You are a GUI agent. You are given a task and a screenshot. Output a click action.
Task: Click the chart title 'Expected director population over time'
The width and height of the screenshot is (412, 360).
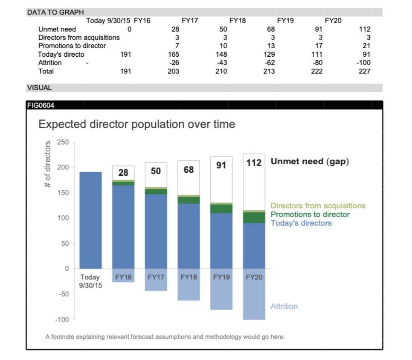(x=136, y=124)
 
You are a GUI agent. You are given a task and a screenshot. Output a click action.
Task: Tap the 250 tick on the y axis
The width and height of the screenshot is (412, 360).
(x=63, y=142)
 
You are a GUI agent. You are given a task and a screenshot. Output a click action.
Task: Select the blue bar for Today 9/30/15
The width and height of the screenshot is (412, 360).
(x=91, y=220)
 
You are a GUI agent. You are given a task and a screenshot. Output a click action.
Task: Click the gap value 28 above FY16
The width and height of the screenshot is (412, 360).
(x=123, y=173)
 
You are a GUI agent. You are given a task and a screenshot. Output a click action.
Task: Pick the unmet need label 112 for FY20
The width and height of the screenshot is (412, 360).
(x=254, y=163)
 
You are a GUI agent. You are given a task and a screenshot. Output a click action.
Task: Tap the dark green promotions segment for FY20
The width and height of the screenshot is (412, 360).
(x=254, y=218)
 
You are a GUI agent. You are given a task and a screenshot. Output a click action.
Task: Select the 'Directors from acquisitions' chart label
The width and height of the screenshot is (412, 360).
(x=318, y=206)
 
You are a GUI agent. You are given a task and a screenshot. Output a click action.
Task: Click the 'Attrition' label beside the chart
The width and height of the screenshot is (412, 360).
(x=284, y=306)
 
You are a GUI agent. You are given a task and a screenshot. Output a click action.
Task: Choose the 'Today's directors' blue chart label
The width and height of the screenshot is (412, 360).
(x=301, y=223)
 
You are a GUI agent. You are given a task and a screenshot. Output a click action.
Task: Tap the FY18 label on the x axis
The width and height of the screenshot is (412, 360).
(x=189, y=277)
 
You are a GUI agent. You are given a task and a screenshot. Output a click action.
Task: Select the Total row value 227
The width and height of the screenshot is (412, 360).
(x=365, y=71)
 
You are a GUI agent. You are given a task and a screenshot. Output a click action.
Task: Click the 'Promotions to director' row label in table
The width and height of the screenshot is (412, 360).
(x=72, y=46)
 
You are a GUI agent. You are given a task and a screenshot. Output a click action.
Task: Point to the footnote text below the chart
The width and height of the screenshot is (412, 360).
(x=165, y=337)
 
